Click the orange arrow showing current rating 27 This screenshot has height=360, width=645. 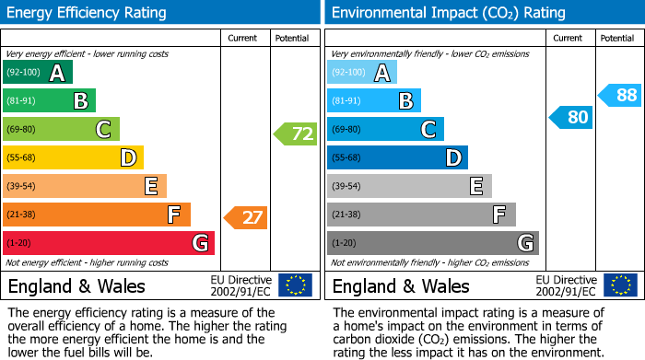pyautogui.click(x=246, y=218)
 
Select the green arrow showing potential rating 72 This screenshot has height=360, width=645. pyautogui.click(x=296, y=134)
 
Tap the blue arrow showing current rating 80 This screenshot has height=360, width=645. pyautogui.click(x=570, y=117)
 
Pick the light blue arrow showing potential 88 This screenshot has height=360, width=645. pyautogui.click(x=619, y=95)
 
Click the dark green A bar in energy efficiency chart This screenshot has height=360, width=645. pyautogui.click(x=38, y=73)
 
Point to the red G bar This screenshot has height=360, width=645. pyautogui.click(x=109, y=243)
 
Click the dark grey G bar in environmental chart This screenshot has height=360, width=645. pyautogui.click(x=432, y=243)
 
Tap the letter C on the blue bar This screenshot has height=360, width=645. pyautogui.click(x=428, y=130)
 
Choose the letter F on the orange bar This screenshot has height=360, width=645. pyautogui.click(x=173, y=215)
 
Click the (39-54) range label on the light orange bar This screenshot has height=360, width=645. pyautogui.click(x=22, y=187)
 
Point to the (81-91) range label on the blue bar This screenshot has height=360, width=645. pyautogui.click(x=346, y=101)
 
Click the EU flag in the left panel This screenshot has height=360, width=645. pyautogui.click(x=295, y=285)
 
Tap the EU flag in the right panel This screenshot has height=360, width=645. pyautogui.click(x=619, y=285)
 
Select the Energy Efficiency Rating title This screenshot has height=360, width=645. pyautogui.click(x=88, y=13)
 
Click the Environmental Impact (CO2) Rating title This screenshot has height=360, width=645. pyautogui.click(x=448, y=13)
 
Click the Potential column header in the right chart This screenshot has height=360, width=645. pyautogui.click(x=617, y=38)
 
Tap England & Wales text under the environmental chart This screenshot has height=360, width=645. pyautogui.click(x=401, y=285)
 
